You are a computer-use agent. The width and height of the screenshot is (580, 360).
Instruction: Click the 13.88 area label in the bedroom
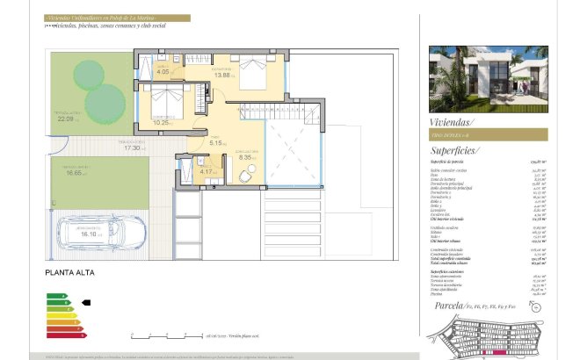pos(221,76)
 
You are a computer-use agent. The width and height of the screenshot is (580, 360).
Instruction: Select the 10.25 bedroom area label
pos(160,123)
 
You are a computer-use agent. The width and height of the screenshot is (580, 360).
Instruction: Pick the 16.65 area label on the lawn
pos(75,173)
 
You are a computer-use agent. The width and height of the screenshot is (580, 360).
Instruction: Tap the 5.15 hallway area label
pos(215,143)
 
